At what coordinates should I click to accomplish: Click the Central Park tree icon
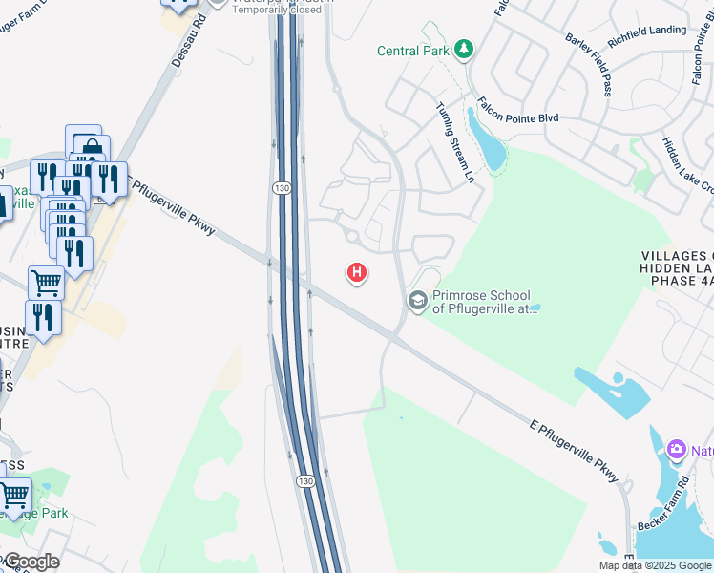pos(464,49)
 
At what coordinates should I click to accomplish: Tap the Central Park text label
pos(412,51)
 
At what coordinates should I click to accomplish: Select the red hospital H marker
pos(357,274)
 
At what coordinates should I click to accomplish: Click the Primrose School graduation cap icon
pos(416,301)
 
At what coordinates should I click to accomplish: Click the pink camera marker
pos(677,448)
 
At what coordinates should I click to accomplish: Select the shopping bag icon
pos(93,149)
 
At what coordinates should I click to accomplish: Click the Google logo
pos(31,561)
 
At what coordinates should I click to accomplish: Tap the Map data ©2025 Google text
pos(654,565)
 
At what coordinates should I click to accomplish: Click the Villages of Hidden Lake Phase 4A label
pos(677,268)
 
